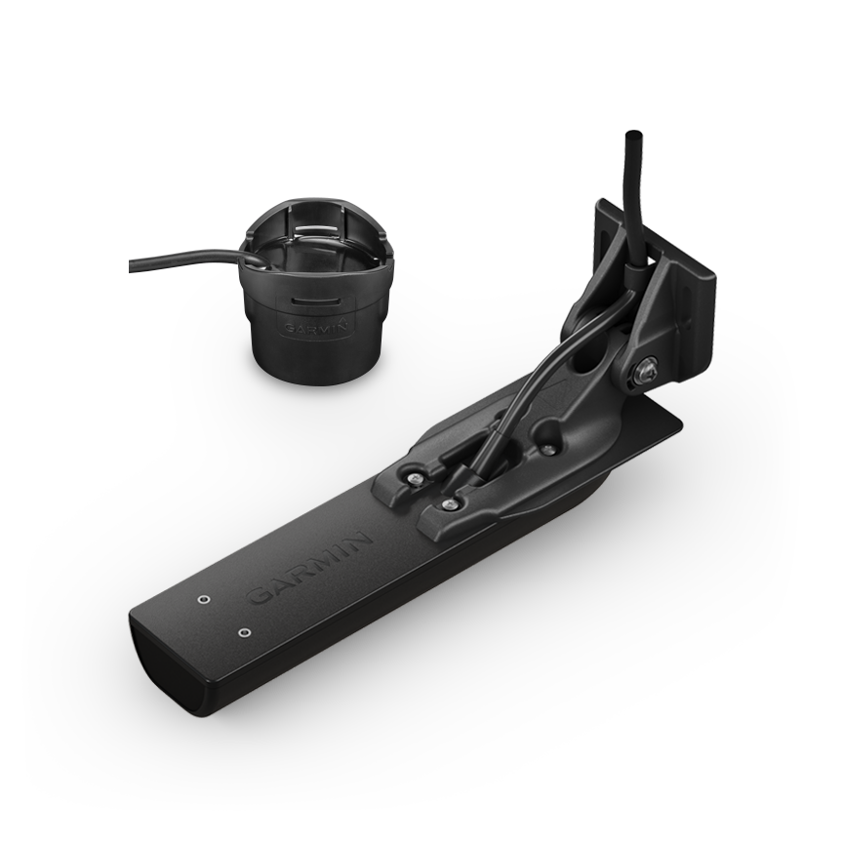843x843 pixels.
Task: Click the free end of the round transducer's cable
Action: [x=131, y=264]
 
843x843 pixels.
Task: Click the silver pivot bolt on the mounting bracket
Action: [x=646, y=370]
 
